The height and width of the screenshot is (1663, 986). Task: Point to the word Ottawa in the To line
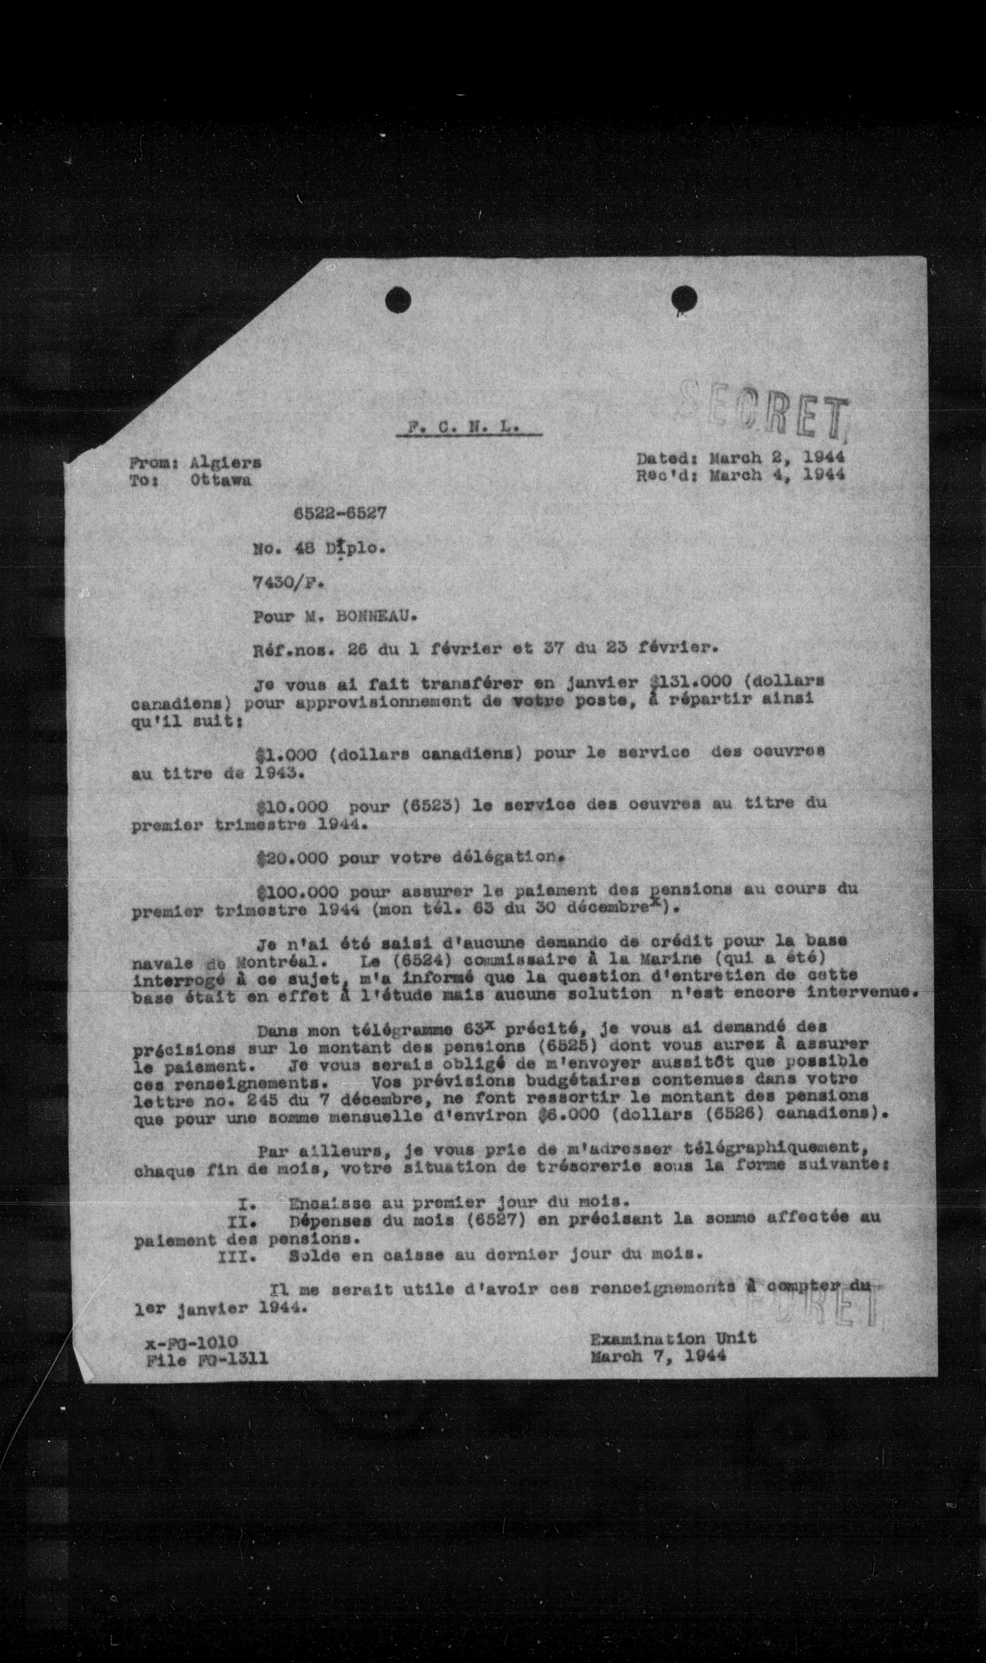[220, 481]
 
